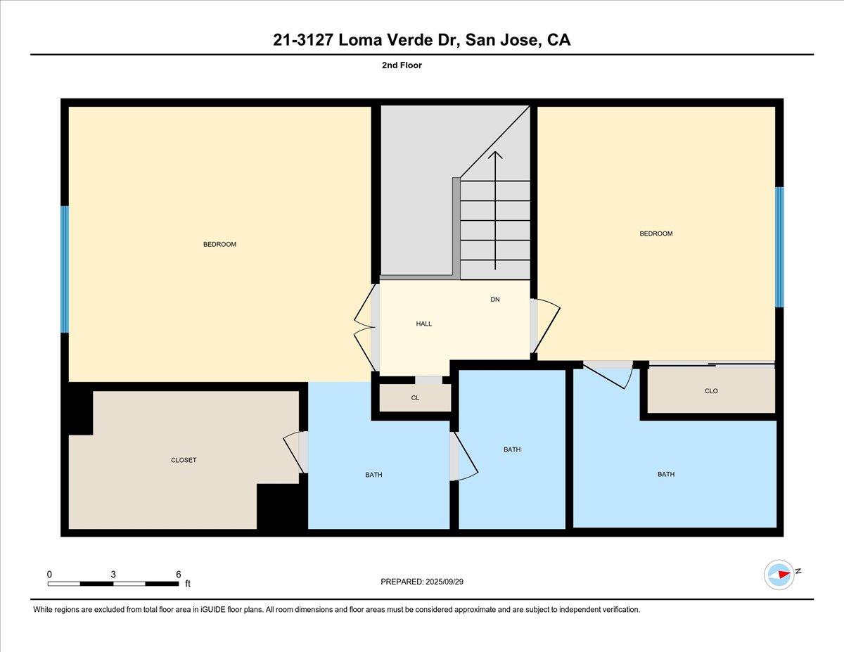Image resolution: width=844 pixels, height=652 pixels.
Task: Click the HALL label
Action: tap(423, 324)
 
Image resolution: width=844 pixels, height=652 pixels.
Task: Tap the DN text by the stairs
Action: tap(495, 300)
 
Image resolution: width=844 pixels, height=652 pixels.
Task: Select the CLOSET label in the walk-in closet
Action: tap(184, 460)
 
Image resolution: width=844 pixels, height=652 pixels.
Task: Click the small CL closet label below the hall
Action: tap(415, 398)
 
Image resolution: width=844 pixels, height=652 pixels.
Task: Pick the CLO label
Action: tap(711, 391)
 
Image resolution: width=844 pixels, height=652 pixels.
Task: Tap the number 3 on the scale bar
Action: tap(113, 574)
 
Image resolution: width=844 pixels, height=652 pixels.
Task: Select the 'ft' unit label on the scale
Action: tap(188, 584)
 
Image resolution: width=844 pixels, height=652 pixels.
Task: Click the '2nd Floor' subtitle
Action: tap(402, 65)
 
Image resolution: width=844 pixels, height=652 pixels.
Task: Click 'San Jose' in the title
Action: tap(502, 40)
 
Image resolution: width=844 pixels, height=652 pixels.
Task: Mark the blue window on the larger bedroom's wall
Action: tap(65, 269)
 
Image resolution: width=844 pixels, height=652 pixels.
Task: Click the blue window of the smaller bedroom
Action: tap(779, 247)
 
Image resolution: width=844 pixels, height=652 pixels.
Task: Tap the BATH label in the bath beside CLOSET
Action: tap(373, 475)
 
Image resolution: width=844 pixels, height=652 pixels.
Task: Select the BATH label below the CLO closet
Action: tap(665, 474)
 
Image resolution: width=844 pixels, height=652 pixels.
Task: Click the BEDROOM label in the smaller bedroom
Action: tap(656, 234)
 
